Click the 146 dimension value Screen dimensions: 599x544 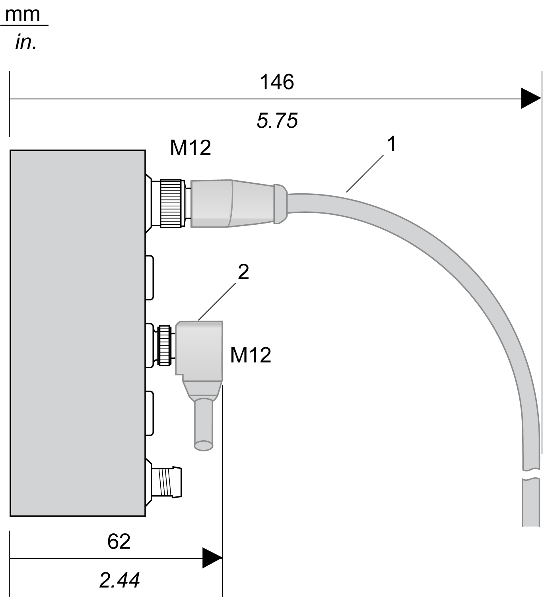[x=277, y=82]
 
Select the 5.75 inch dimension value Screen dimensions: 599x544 [x=277, y=121]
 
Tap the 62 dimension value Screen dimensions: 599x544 [x=119, y=541]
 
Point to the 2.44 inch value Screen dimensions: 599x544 [x=120, y=580]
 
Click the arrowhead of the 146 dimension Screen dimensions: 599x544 [x=531, y=98]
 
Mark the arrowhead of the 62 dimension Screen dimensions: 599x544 [x=212, y=558]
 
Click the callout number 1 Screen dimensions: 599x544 [x=392, y=144]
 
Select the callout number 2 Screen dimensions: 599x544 [x=243, y=272]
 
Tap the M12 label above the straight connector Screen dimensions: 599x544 [x=190, y=148]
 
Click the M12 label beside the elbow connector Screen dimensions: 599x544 [x=251, y=355]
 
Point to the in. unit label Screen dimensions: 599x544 [x=26, y=43]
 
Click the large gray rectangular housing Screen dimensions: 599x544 [x=78, y=333]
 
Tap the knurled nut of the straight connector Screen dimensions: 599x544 [x=172, y=204]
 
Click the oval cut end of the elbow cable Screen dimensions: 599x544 [x=203, y=445]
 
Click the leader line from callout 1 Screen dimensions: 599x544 [x=365, y=174]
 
